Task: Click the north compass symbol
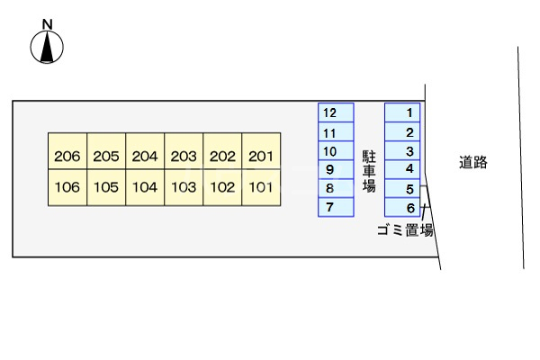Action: point(47,47)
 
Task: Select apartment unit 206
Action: point(67,157)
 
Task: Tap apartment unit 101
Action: point(260,188)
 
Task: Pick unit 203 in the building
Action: point(184,157)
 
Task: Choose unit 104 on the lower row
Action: point(145,188)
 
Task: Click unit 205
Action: point(106,157)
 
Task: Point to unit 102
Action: point(222,188)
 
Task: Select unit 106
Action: point(67,188)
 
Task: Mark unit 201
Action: point(260,157)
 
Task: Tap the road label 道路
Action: point(472,163)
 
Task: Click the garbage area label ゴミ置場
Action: point(405,230)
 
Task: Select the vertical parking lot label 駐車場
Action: point(369,171)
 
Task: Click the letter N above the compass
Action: point(47,24)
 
